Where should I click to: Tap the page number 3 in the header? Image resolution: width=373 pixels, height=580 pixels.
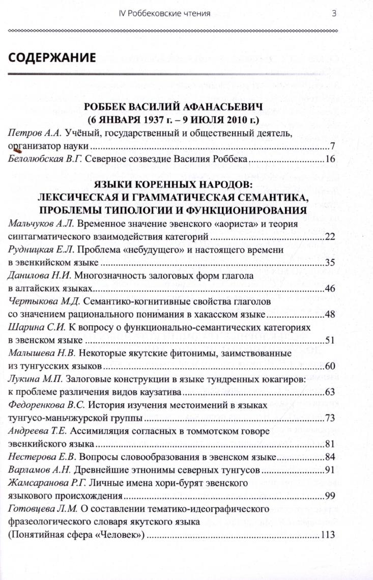334,13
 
